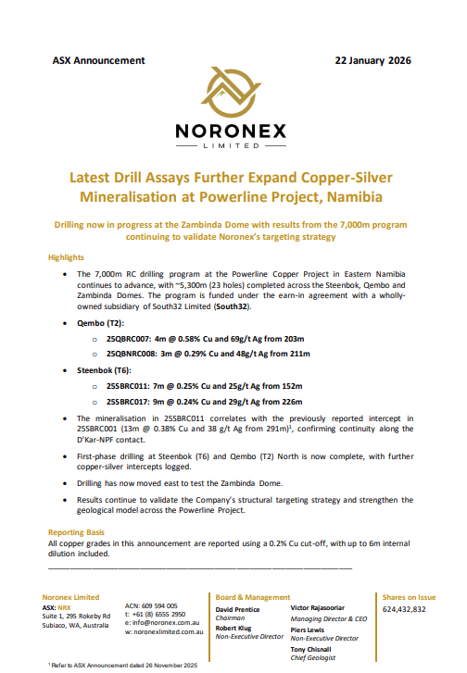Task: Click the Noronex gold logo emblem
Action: (x=233, y=96)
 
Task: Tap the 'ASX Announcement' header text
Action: (x=99, y=61)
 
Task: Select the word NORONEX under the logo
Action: (x=233, y=132)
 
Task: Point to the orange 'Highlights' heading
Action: (x=66, y=257)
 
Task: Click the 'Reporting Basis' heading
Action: (x=80, y=532)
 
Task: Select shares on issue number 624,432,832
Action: (x=404, y=609)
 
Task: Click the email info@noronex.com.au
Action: (x=163, y=624)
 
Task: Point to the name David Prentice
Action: (x=238, y=609)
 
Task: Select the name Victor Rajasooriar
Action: (x=326, y=609)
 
